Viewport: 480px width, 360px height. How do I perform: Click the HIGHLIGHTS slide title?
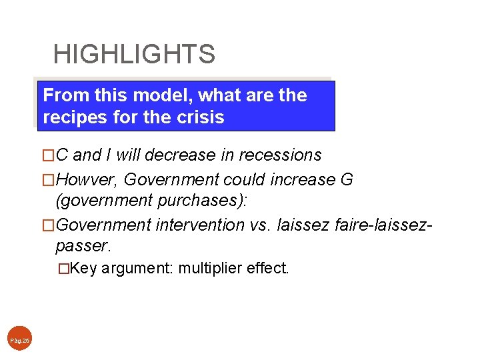[x=134, y=54]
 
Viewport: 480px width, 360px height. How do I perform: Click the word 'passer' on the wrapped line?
[x=83, y=246]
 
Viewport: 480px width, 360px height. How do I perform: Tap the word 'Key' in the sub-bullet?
[x=84, y=269]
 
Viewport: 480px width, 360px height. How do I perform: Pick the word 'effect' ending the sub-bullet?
[x=267, y=269]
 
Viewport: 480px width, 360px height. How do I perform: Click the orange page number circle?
[x=20, y=340]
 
